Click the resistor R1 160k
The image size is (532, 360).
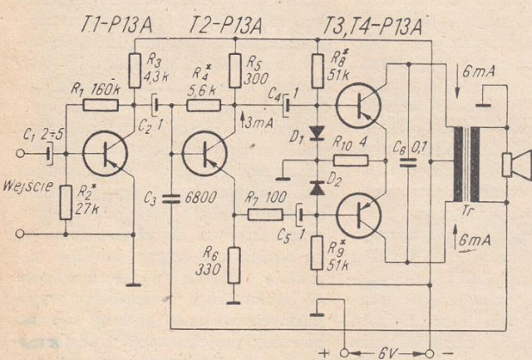(101, 106)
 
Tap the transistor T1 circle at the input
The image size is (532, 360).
(106, 154)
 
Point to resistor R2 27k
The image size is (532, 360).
(66, 202)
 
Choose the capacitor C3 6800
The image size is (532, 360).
(170, 199)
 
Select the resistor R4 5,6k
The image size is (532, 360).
(203, 106)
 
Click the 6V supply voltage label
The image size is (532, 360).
(386, 350)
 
